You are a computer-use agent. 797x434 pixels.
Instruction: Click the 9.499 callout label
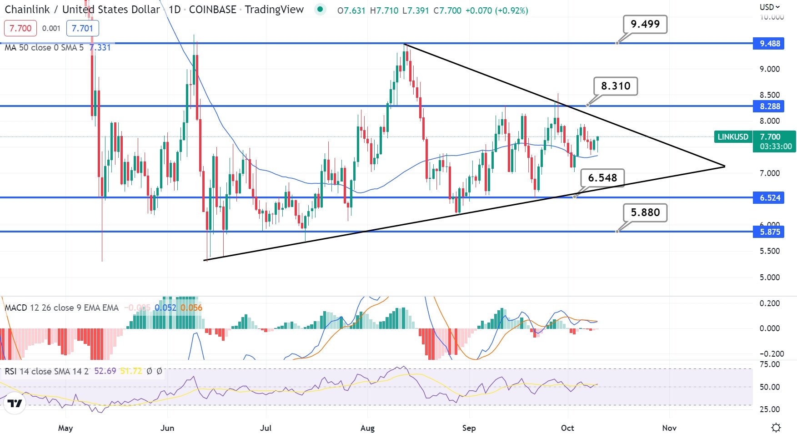tap(645, 24)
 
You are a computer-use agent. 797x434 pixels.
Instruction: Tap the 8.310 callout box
tap(616, 86)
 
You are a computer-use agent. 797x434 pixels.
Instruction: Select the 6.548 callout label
tap(602, 178)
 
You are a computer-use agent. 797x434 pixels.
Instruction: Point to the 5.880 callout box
tap(645, 212)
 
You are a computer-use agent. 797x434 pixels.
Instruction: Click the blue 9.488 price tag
tap(769, 44)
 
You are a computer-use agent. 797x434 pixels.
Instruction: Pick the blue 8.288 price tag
tap(769, 106)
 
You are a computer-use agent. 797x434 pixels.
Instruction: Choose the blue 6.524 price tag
tap(769, 198)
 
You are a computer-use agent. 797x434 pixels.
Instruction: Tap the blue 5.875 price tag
tap(769, 232)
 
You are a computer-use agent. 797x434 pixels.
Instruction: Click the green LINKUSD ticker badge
tap(732, 137)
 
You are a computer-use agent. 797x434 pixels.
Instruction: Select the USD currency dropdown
tap(769, 7)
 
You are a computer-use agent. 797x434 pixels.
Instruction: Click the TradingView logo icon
tap(15, 404)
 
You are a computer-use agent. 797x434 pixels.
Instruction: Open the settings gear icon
tap(776, 428)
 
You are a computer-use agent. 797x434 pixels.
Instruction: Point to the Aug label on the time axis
tap(367, 428)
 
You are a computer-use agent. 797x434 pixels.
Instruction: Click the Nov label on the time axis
tap(669, 428)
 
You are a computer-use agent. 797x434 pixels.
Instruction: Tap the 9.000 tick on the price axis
tap(769, 69)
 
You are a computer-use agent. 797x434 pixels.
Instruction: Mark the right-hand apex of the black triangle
tap(724, 167)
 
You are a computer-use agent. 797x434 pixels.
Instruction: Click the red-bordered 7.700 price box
tap(20, 28)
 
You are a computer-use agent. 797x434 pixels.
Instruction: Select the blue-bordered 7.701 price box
tap(82, 28)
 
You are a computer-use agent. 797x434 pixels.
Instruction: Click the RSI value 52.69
tap(105, 371)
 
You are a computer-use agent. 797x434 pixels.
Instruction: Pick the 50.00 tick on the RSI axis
tap(769, 387)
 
